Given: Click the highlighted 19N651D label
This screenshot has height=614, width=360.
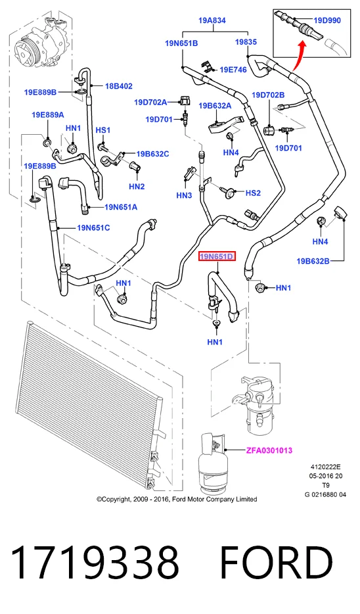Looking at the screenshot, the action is [x=217, y=257].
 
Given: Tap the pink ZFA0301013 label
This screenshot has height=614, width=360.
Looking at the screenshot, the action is [x=269, y=450].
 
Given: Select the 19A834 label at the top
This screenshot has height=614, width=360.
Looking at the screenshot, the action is [x=212, y=20].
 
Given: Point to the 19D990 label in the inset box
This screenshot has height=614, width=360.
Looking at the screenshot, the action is [x=327, y=20].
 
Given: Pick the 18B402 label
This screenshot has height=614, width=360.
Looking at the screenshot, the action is [x=118, y=85].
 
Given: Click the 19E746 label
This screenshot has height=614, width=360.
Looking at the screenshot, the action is [x=233, y=70].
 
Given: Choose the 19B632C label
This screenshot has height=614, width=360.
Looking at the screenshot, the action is [x=152, y=154].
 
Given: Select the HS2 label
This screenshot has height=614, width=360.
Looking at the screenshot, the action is [x=253, y=193].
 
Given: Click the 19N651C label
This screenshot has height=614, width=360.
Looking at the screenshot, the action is [x=93, y=227].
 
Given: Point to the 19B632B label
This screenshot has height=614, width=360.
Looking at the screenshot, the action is [x=313, y=261].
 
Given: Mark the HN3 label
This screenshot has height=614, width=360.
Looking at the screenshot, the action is [x=184, y=195].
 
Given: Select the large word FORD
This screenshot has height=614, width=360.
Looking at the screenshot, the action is [x=277, y=563].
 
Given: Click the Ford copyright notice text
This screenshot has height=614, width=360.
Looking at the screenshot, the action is [x=177, y=499].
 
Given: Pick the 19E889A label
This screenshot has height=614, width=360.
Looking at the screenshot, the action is [x=48, y=115].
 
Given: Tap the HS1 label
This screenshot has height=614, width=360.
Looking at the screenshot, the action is [x=103, y=130].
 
